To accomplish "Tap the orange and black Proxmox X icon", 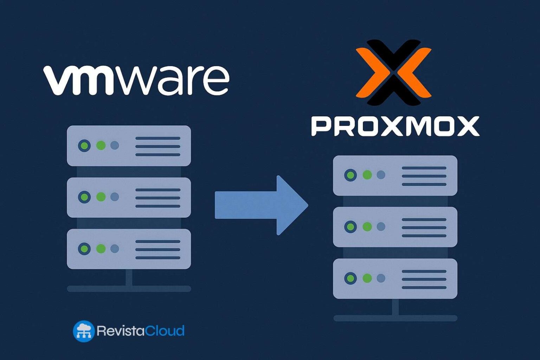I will (x=393, y=72).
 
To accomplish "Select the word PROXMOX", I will (x=395, y=127).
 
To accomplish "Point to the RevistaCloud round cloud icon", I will (x=83, y=331).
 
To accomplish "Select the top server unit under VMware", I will (x=129, y=146).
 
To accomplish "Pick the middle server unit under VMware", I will (x=129, y=197).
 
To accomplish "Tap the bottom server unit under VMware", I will (x=129, y=249).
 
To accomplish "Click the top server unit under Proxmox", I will (x=395, y=175).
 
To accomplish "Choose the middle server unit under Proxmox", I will (x=395, y=227).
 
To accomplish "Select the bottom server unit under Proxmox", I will (x=395, y=278).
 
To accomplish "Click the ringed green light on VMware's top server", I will (x=84, y=145).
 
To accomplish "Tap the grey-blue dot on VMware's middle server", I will (x=115, y=197).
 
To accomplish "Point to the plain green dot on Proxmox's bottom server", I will (x=367, y=278).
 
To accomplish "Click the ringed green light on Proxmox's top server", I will (x=350, y=175).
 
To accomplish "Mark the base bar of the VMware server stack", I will (x=129, y=289).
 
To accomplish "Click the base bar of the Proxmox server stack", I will (x=395, y=319).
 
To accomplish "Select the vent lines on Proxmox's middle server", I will (x=424, y=227).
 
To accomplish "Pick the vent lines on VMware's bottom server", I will (x=158, y=250).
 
